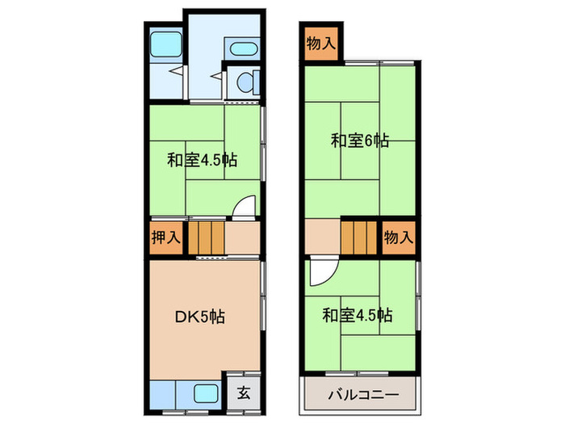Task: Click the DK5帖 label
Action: click(x=200, y=317)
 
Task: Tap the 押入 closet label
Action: click(x=166, y=238)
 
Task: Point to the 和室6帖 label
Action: click(x=360, y=141)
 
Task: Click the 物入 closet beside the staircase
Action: click(x=398, y=238)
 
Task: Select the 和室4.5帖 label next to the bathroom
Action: click(x=202, y=159)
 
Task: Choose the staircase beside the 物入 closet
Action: click(x=359, y=238)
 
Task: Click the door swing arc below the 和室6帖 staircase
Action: click(x=320, y=271)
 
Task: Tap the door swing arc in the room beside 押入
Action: click(x=243, y=208)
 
